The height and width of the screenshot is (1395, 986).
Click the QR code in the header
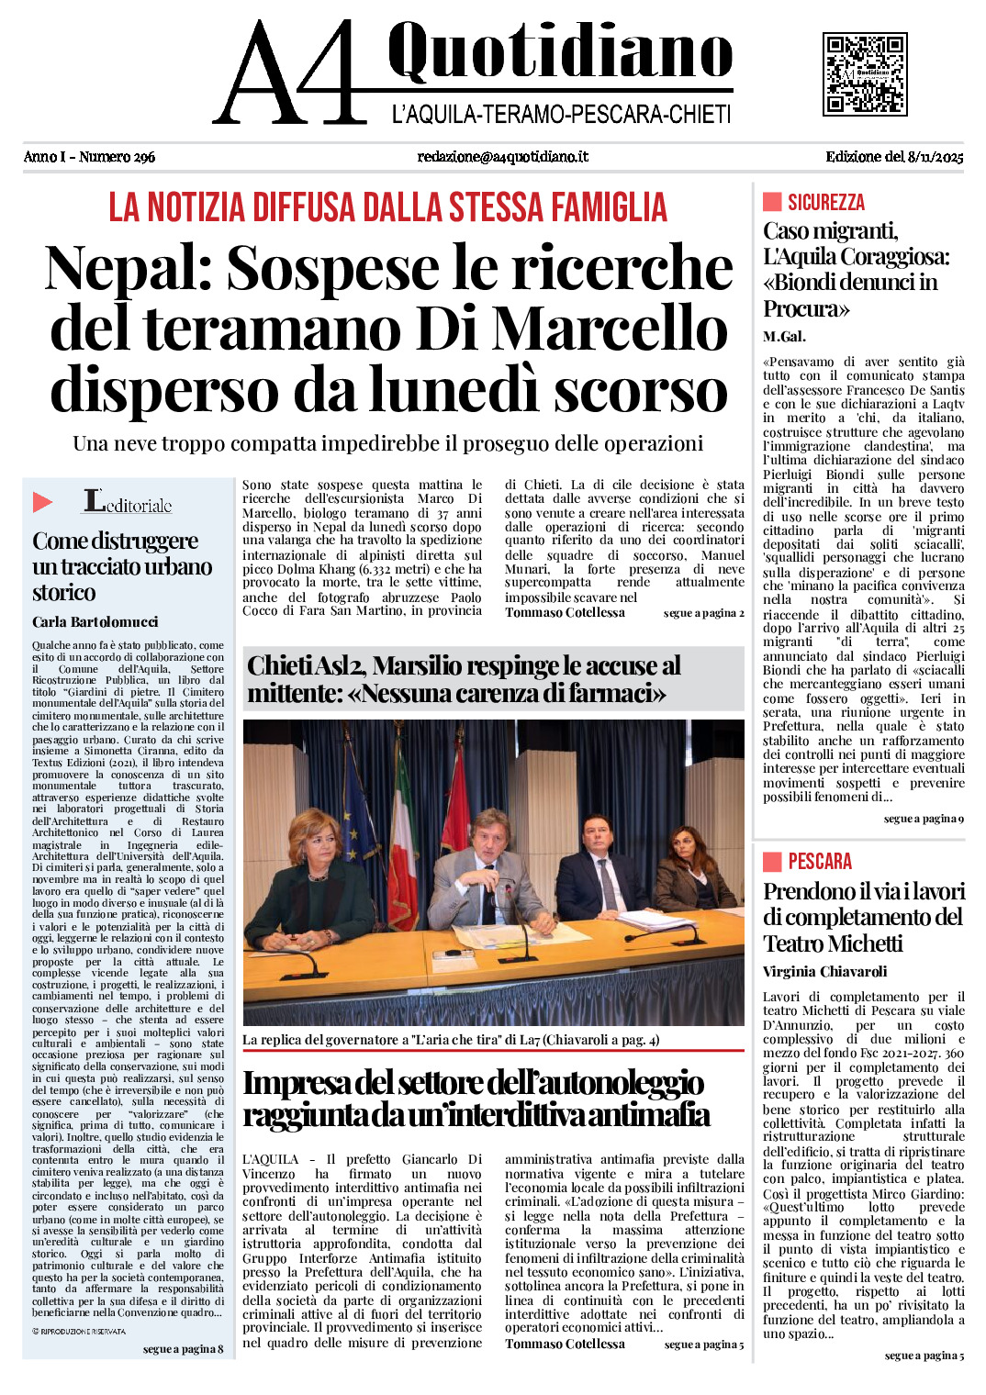click(x=864, y=73)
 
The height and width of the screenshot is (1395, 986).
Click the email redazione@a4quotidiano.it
click(x=502, y=157)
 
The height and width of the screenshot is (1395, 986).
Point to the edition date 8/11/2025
click(x=935, y=157)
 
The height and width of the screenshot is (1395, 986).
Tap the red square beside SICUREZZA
click(x=772, y=202)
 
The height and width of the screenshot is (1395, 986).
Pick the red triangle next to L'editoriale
click(x=43, y=502)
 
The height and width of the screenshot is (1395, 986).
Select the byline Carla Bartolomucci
click(x=95, y=622)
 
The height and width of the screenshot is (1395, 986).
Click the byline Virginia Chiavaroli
click(x=824, y=972)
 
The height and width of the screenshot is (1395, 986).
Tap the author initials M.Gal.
click(x=784, y=337)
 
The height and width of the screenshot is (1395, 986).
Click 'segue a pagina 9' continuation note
click(x=924, y=819)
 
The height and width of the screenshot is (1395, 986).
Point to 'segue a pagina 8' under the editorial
click(x=183, y=1349)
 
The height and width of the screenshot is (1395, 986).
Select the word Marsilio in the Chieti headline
click(x=423, y=666)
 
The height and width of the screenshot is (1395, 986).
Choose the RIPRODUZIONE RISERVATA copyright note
click(x=79, y=1331)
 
